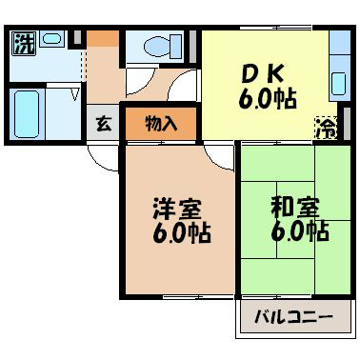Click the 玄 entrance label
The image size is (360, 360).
pos(102,123)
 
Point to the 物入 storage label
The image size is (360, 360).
pos(159,123)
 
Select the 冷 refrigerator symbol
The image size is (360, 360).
pos(326,126)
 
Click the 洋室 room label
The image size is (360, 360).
pos(178,207)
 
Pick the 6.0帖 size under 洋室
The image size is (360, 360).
pos(178,231)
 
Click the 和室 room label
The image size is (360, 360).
pos(294,207)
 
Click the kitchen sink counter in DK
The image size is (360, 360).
pos(338,71)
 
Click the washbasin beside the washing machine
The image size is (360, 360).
pos(52,40)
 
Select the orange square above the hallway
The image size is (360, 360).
pos(104,41)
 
